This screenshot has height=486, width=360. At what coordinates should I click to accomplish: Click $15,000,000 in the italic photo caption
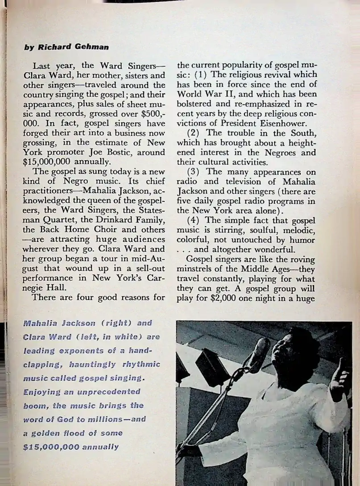(51, 447)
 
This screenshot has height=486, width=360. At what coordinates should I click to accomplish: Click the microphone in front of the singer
(257, 353)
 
